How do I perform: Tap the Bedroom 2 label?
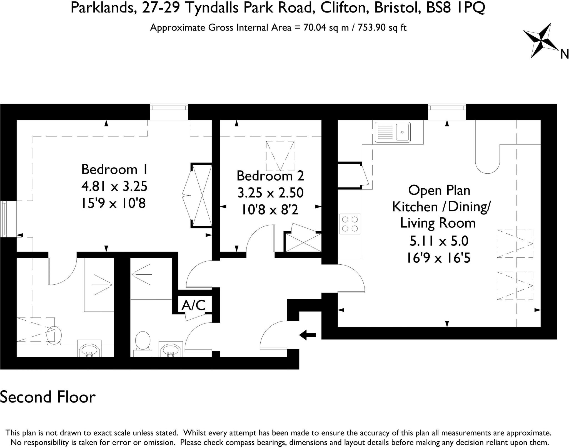[270, 176]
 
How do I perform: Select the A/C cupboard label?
[193, 305]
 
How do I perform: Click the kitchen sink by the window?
[392, 132]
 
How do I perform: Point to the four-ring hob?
[350, 224]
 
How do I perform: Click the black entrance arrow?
[307, 335]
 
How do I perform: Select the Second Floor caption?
[48, 397]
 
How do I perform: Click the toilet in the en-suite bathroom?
[54, 335]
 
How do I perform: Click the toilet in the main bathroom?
[143, 341]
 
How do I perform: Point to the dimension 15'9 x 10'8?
[113, 204]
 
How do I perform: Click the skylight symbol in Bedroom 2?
[280, 156]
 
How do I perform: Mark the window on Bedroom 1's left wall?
[4, 219]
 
